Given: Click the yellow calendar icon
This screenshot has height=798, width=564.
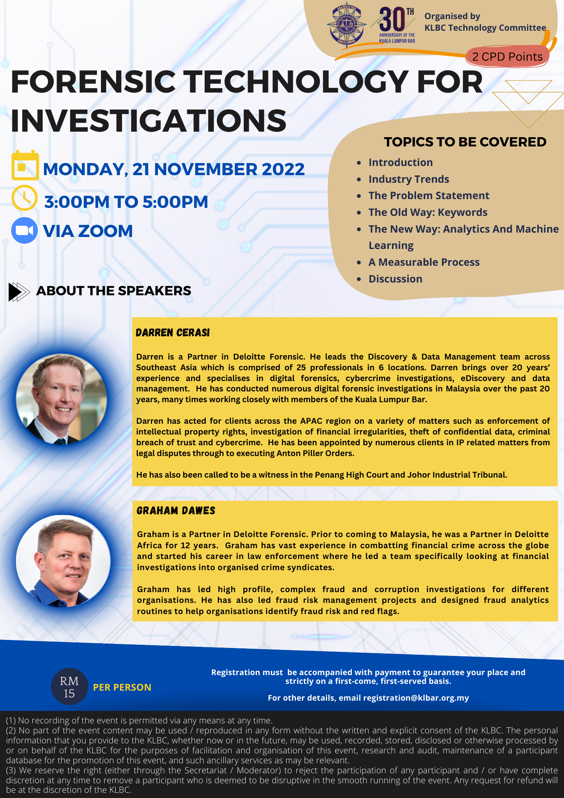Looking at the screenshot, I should (25, 166).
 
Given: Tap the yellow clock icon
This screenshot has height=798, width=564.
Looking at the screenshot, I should (24, 198).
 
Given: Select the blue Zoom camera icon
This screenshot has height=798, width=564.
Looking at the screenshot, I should (24, 231).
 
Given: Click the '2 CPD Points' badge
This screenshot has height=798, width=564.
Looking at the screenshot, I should (507, 57).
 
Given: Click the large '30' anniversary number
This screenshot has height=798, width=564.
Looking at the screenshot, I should (392, 20).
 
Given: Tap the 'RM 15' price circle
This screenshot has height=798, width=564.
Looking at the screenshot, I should (69, 687).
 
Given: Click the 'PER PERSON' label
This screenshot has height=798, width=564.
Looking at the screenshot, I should (122, 687).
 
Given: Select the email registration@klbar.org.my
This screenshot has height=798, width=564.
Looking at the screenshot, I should (416, 698).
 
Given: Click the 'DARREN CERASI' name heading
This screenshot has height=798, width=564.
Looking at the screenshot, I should (173, 333).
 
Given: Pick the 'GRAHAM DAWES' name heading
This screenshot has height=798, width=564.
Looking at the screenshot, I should (176, 511).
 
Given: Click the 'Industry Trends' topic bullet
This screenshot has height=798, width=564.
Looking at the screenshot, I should (408, 179).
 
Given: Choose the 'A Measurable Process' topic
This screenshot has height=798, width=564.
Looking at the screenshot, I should (424, 262).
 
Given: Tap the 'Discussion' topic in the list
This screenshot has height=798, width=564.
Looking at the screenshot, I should (395, 279).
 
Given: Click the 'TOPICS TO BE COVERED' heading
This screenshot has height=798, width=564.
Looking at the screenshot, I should (465, 142).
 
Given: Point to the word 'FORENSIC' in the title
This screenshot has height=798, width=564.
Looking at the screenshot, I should (93, 82).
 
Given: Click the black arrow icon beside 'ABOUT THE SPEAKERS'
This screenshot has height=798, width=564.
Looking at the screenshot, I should (19, 291).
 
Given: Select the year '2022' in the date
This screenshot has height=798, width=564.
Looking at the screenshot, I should (283, 169).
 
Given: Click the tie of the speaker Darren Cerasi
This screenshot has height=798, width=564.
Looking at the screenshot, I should (60, 441).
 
